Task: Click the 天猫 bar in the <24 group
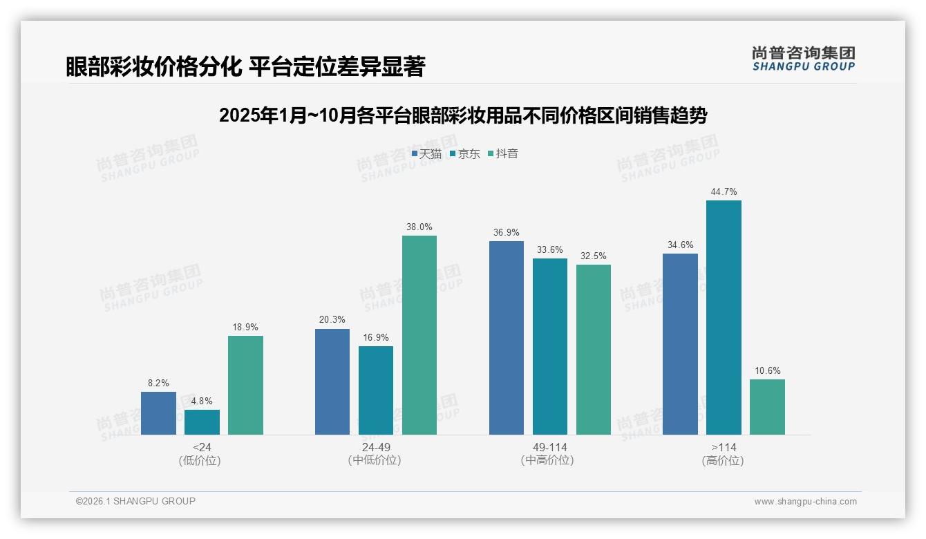pyautogui.click(x=158, y=413)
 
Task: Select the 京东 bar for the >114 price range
pyautogui.click(x=724, y=317)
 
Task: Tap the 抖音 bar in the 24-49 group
pyautogui.click(x=419, y=335)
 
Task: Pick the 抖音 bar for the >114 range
pyautogui.click(x=767, y=407)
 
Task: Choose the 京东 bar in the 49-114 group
pyautogui.click(x=550, y=346)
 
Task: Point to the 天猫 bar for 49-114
pyautogui.click(x=507, y=338)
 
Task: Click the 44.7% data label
pyautogui.click(x=724, y=192)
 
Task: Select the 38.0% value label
pyautogui.click(x=419, y=227)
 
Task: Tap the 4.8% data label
pyautogui.click(x=202, y=401)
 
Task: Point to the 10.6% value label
pyautogui.click(x=767, y=371)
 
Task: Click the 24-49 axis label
pyautogui.click(x=376, y=447)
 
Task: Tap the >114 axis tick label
pyautogui.click(x=724, y=447)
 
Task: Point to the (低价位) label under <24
pyautogui.click(x=200, y=460)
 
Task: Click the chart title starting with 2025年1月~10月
pyautogui.click(x=463, y=115)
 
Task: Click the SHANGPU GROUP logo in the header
pyautogui.click(x=804, y=58)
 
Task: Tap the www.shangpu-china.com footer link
pyautogui.click(x=805, y=502)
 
